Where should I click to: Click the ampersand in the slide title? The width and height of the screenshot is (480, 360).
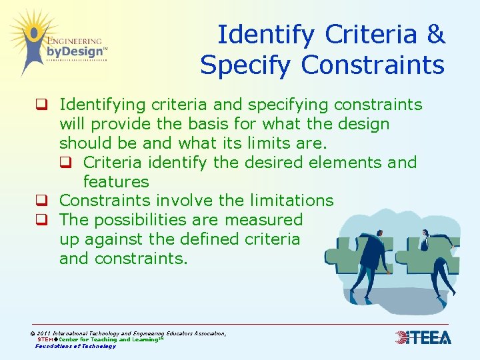[437, 35]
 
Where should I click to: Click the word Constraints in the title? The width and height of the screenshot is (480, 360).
[373, 65]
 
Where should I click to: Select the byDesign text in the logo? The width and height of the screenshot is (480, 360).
[75, 51]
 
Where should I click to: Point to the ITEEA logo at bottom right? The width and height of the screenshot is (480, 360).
[423, 337]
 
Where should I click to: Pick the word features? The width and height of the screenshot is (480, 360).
[116, 181]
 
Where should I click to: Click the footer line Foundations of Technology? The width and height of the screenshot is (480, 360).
[75, 346]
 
